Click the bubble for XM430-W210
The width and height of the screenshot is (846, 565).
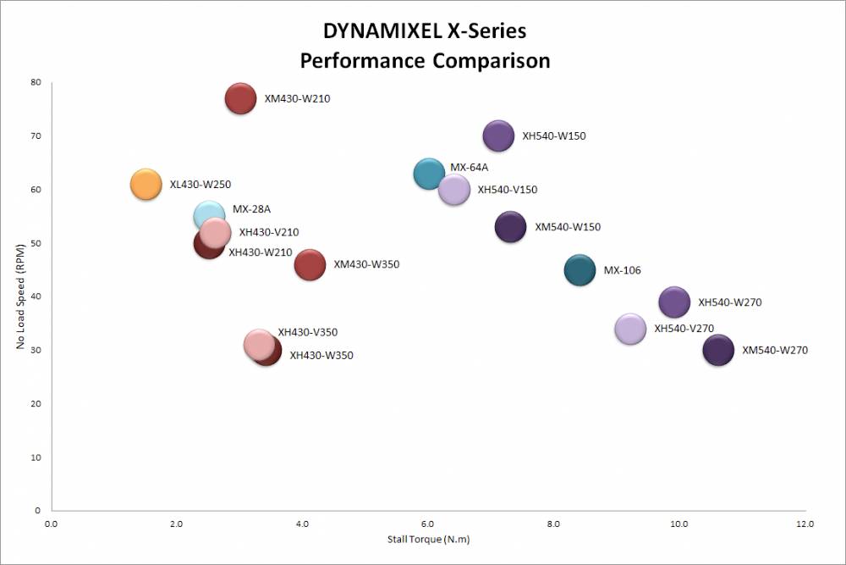[x=240, y=98]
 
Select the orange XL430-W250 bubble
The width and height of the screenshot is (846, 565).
[x=146, y=184]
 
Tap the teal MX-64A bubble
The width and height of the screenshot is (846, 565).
[x=429, y=174]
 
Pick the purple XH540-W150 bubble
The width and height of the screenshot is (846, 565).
[x=498, y=136]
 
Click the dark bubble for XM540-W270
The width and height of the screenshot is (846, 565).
[x=718, y=350]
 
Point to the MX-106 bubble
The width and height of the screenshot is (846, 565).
[x=580, y=271]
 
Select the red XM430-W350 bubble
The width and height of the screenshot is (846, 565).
[x=310, y=264]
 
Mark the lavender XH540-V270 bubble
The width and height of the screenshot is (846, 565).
[x=630, y=329]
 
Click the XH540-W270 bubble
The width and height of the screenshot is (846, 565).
[x=674, y=302]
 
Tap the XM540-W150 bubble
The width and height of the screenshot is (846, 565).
[x=510, y=227]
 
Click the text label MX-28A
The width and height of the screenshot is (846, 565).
[x=251, y=209]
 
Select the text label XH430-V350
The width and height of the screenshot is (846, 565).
[x=308, y=332]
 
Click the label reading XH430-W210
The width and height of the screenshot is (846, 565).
[x=261, y=252]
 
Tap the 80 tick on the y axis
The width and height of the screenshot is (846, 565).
[x=36, y=82]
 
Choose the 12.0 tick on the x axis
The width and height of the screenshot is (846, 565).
[x=804, y=525]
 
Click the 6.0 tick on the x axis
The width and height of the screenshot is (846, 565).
[x=427, y=525]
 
